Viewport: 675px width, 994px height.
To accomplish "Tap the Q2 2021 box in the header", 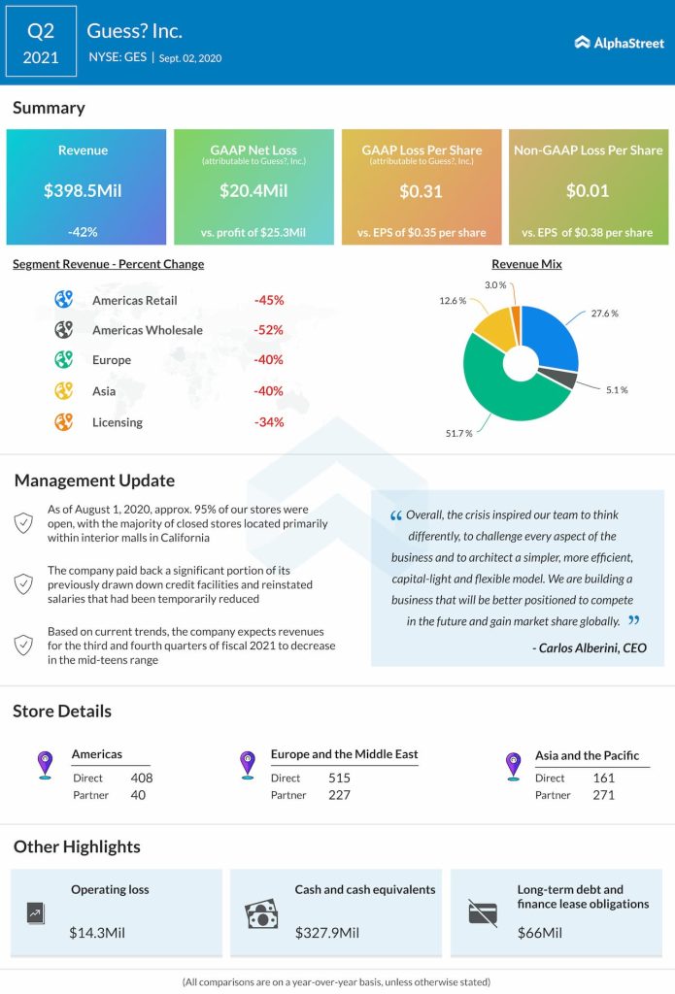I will pos(40,43).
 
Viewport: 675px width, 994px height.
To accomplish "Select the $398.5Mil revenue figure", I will pos(83,190).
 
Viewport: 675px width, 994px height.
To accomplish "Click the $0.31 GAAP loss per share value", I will pos(422,190).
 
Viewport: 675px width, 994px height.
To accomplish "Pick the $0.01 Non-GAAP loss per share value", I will pos(588,190).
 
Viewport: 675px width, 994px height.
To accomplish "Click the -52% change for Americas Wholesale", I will pos(268,330).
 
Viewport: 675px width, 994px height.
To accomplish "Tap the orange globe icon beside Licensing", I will pos(64,422).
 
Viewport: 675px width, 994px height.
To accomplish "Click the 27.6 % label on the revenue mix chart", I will pos(603,314).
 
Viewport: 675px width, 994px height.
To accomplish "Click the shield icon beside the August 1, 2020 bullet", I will pos(23,523).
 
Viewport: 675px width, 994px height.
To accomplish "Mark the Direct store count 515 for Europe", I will pos(339,778).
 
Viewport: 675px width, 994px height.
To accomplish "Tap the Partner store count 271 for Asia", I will pos(603,795).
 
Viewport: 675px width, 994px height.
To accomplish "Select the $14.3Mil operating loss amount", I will pos(97,933).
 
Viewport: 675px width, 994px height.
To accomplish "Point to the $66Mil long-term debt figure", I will pos(540,933).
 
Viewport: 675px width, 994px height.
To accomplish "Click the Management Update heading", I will pos(94,480).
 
